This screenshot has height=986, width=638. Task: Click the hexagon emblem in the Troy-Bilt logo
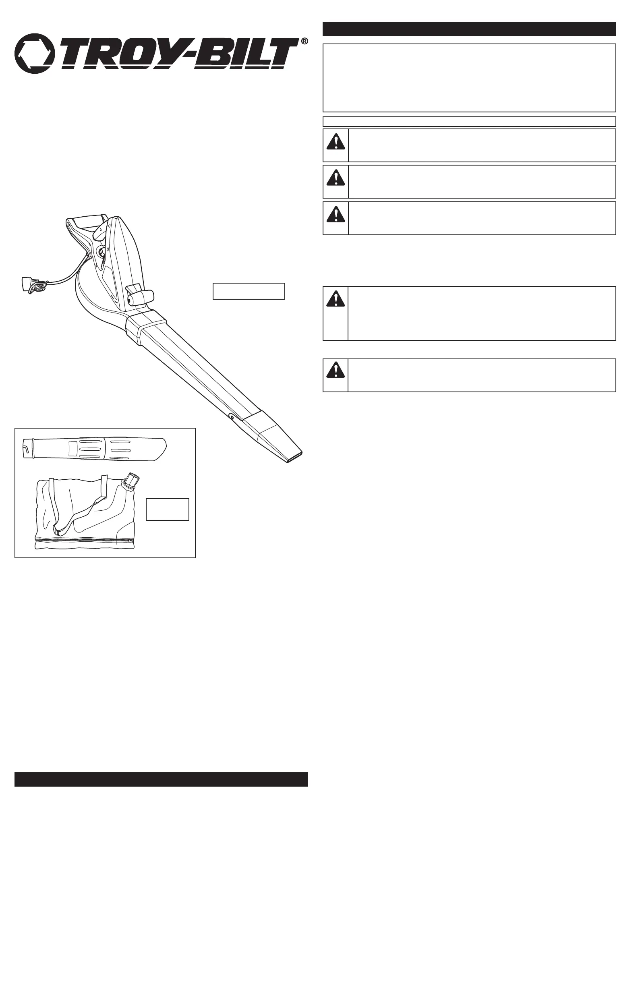pos(34,54)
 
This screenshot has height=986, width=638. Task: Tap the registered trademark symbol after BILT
pos(304,41)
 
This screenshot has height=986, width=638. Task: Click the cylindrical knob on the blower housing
pos(141,297)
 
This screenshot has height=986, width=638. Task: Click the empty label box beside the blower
pos(249,291)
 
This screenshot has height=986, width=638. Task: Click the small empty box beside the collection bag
pos(168,509)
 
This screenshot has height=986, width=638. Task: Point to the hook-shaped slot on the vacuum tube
pos(27,449)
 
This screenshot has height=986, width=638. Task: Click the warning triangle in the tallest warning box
pos(336,299)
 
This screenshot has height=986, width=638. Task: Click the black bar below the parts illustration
pos(161,779)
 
